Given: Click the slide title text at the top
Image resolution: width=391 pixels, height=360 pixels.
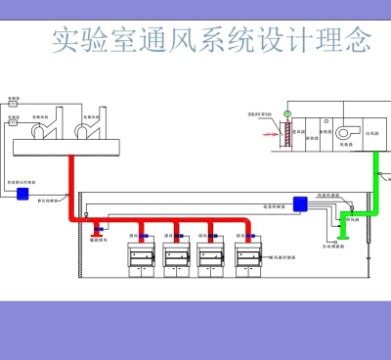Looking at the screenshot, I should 210,40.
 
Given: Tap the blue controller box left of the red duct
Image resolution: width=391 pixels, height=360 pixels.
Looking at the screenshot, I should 22,194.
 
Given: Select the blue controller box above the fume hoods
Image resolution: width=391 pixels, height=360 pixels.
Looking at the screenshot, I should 301,203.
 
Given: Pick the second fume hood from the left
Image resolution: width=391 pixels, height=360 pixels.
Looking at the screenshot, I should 177,258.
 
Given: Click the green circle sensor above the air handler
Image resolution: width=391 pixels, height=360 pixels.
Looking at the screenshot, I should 287,113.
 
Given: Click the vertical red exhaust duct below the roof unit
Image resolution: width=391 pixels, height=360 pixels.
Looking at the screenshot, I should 70,186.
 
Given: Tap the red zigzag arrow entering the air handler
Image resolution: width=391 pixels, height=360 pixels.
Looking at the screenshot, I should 264,126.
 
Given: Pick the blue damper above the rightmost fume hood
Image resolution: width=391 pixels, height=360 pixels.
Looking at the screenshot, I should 246,236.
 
